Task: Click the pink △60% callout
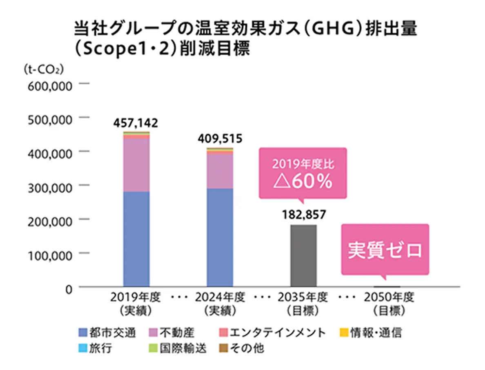[x=303, y=173]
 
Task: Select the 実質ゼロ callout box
[x=385, y=250]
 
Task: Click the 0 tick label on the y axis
[x=68, y=288]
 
